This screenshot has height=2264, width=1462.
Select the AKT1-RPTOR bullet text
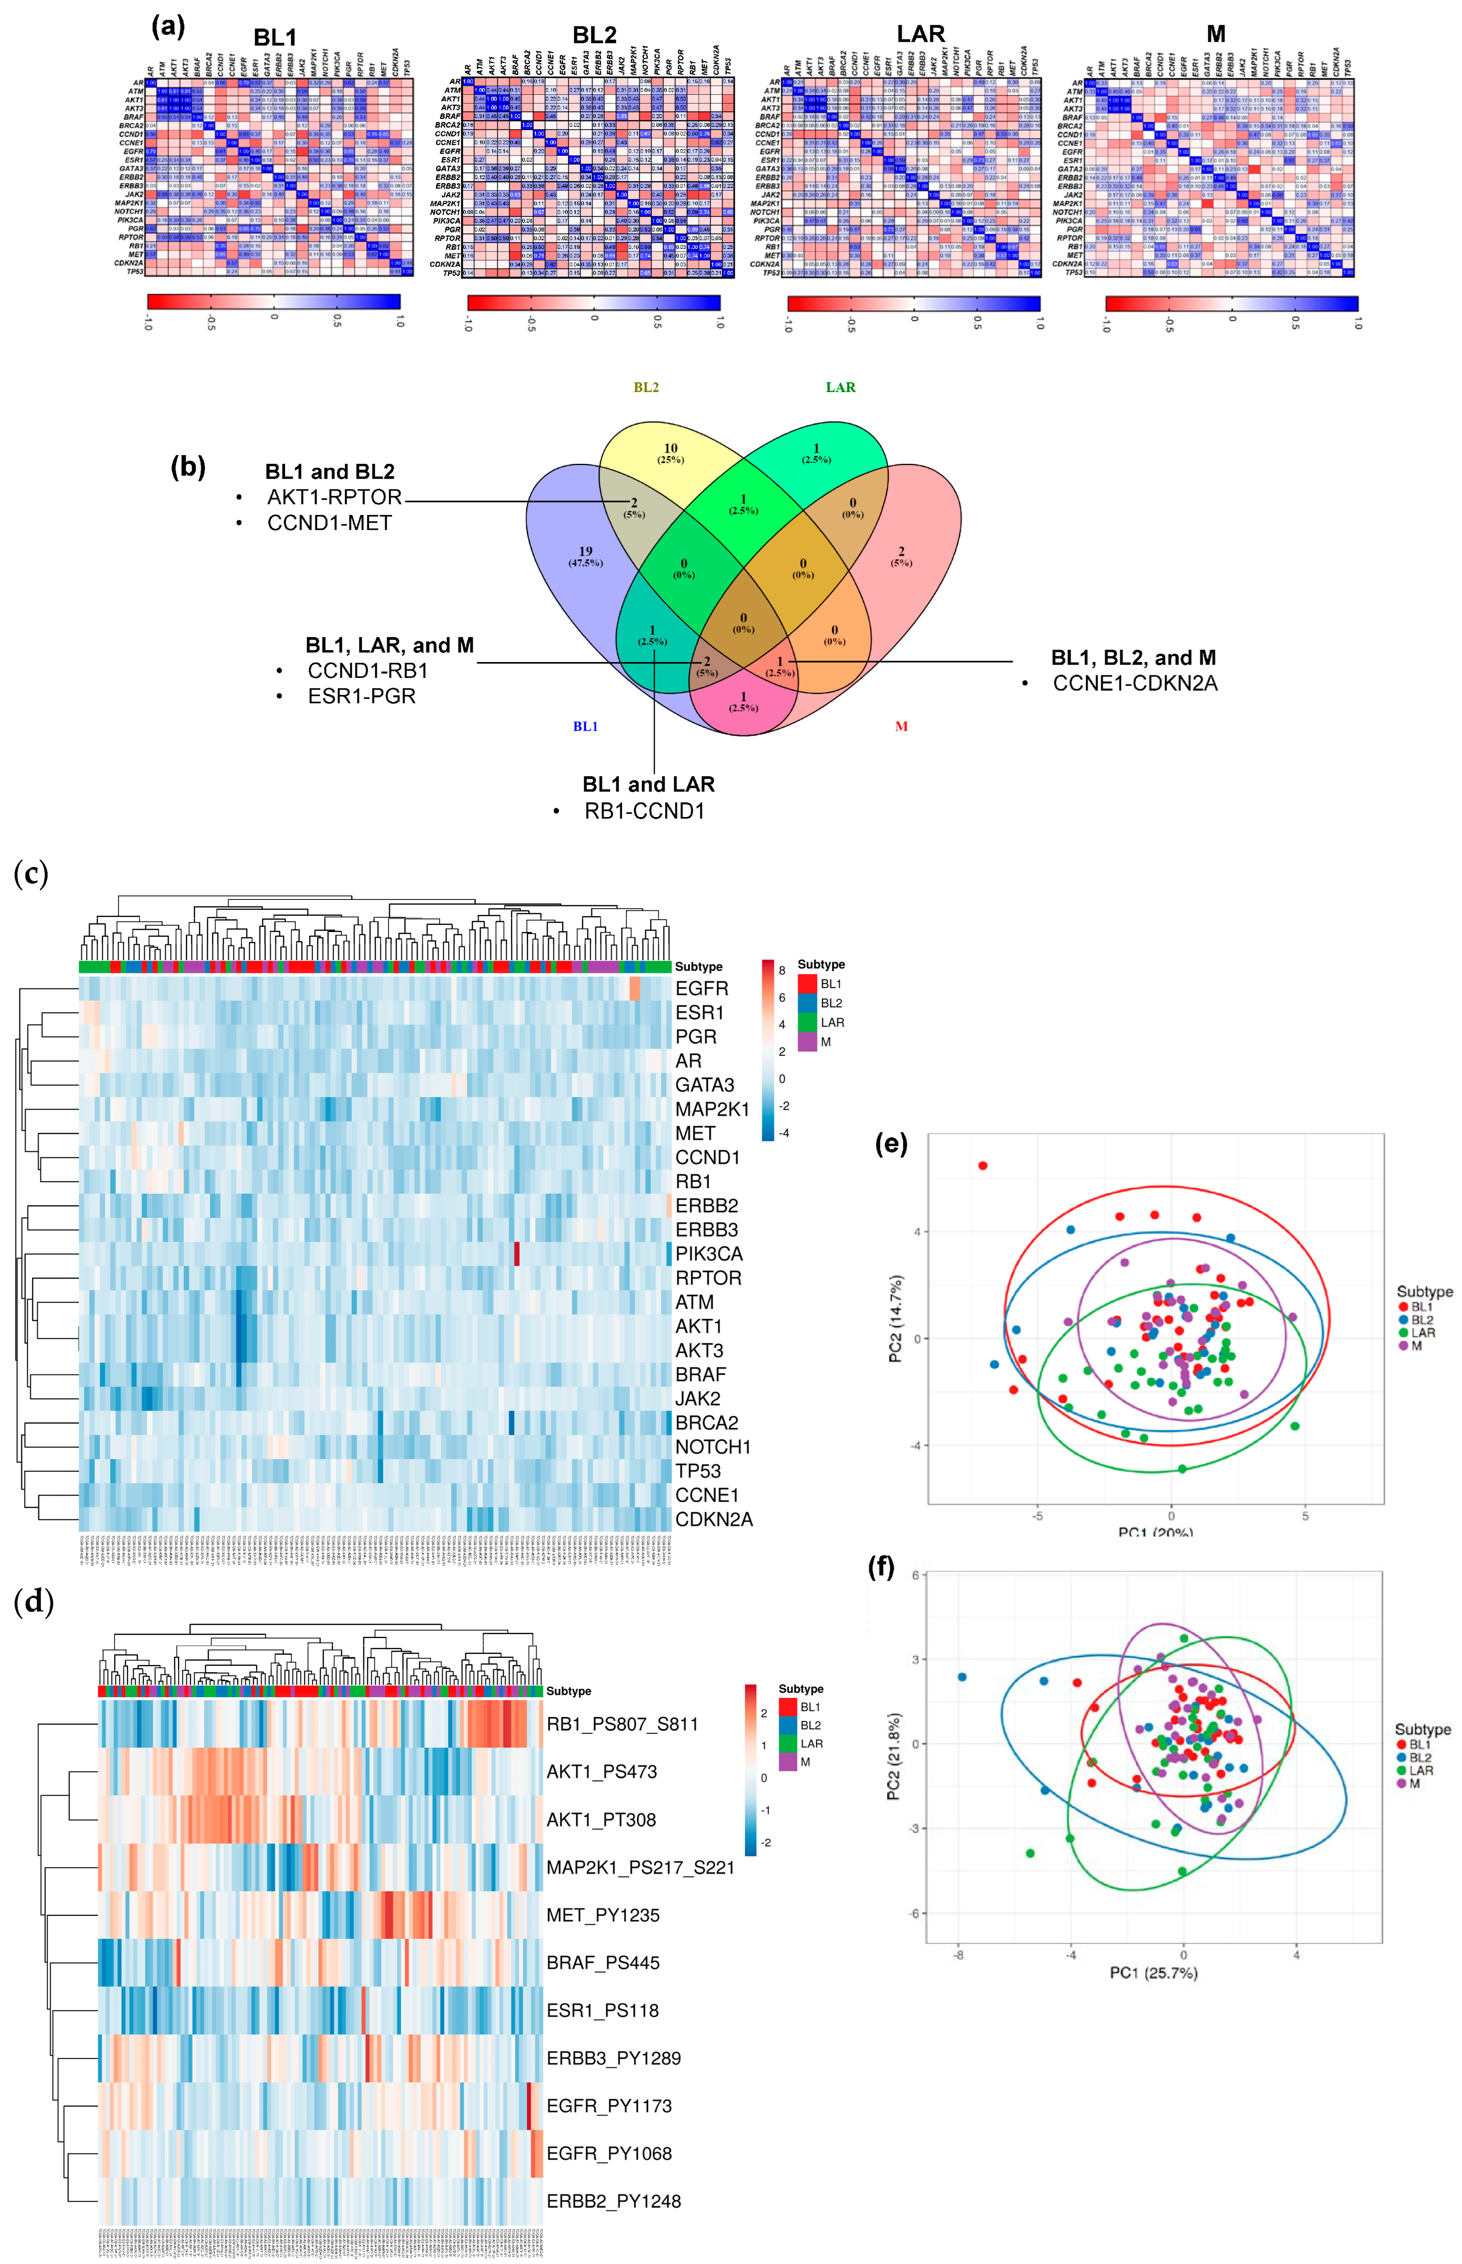[x=334, y=497]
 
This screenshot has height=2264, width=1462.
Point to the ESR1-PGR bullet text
[x=362, y=696]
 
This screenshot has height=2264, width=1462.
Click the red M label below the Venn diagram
[x=901, y=726]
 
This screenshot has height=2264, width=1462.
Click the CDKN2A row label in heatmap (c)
[x=714, y=1519]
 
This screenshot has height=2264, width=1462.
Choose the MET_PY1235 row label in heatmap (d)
[x=603, y=1915]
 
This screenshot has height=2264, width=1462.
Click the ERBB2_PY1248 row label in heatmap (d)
[x=613, y=2201]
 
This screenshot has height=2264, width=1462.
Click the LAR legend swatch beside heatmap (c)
[x=807, y=1022]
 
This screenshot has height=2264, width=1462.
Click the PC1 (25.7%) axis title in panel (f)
[x=1154, y=1972]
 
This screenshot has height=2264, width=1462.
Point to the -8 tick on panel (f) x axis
[x=959, y=1954]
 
